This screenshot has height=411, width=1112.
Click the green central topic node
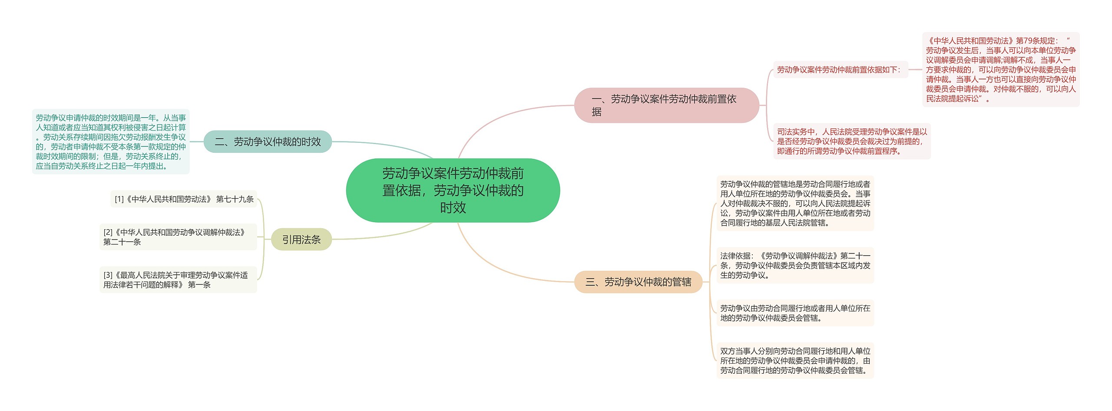pyautogui.click(x=453, y=190)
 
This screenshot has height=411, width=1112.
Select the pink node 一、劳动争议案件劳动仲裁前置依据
pyautogui.click(x=666, y=105)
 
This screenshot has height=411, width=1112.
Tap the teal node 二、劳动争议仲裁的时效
pyautogui.click(x=268, y=141)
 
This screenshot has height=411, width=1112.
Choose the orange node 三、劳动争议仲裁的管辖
pyautogui.click(x=638, y=282)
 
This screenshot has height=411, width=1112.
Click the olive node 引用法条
pyautogui.click(x=301, y=240)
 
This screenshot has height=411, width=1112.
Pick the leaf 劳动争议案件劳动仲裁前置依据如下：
pyautogui.click(x=840, y=69)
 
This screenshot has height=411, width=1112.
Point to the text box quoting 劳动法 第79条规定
pyautogui.click(x=1000, y=69)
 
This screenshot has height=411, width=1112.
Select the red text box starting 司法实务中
pyautogui.click(x=851, y=141)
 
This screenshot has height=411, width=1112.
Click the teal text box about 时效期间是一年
pyautogui.click(x=111, y=141)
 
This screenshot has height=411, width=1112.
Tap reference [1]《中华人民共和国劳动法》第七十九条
pyautogui.click(x=184, y=199)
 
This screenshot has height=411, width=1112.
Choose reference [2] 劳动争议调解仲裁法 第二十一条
pyautogui.click(x=178, y=237)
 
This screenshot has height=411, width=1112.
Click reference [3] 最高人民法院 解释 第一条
pyautogui.click(x=178, y=280)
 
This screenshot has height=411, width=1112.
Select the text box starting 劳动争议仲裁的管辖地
pyautogui.click(x=795, y=203)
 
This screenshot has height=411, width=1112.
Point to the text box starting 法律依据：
pyautogui.click(x=795, y=265)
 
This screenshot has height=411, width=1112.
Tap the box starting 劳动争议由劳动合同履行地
pyautogui.click(x=795, y=313)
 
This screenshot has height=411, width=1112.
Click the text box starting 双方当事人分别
pyautogui.click(x=795, y=361)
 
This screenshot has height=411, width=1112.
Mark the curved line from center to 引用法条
pyautogui.click(x=382, y=235)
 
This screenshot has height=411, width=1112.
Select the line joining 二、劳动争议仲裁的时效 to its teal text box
pyautogui.click(x=197, y=141)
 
